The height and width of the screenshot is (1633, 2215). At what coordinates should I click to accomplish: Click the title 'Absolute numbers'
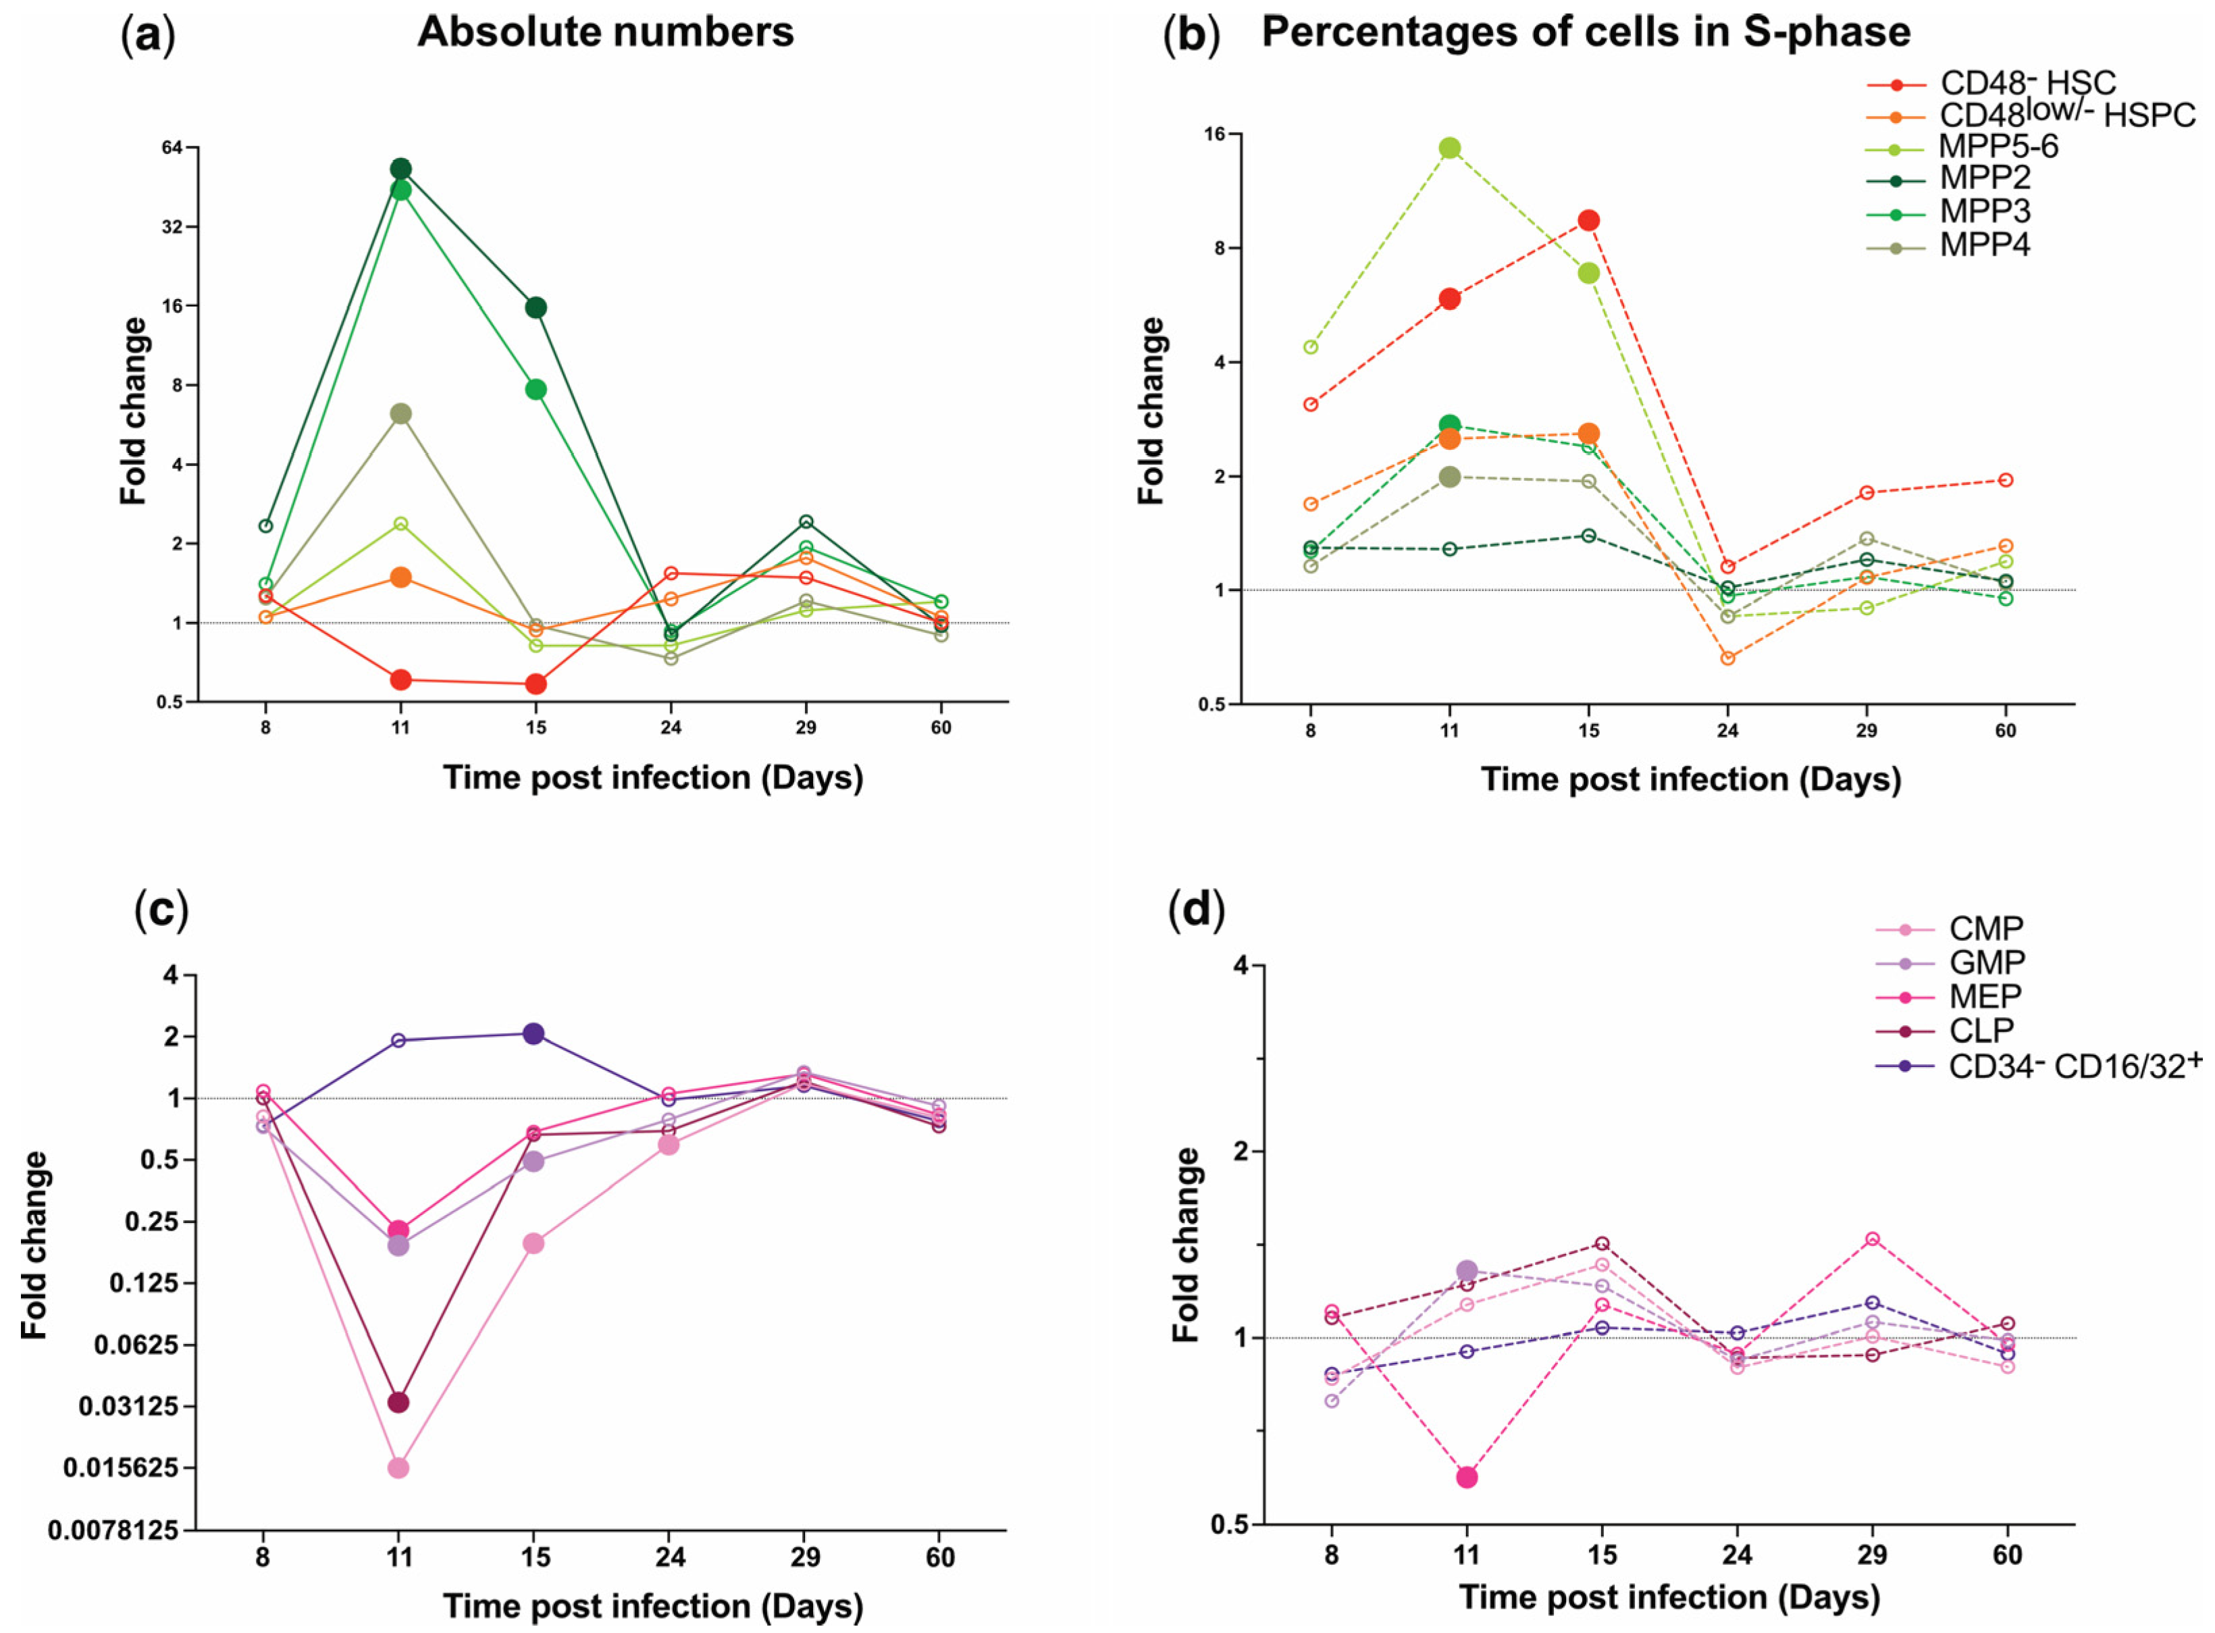[605, 32]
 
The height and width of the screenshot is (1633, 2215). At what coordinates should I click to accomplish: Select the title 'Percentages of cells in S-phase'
[1586, 32]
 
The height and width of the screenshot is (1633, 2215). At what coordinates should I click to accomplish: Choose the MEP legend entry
[1983, 995]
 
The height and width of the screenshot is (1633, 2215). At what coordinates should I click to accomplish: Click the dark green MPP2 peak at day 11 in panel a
[400, 169]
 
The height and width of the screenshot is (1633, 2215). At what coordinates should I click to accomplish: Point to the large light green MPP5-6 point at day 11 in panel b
[1449, 149]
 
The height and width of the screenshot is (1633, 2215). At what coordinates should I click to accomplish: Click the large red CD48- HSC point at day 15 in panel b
[1588, 220]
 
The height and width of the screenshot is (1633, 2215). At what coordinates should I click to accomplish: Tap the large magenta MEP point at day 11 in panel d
[1467, 1477]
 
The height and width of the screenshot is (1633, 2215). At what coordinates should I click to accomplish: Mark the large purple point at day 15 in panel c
[533, 1034]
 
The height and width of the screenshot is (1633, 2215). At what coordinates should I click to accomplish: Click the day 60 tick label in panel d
[2006, 1555]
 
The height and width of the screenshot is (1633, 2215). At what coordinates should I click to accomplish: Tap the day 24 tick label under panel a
[670, 727]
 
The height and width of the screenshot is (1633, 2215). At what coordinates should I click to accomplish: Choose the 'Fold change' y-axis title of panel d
[1186, 1245]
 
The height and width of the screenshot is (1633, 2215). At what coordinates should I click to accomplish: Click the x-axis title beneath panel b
[1690, 779]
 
